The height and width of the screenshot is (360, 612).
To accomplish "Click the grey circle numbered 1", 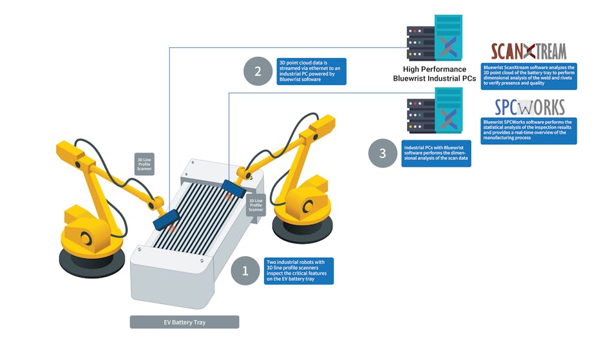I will click(x=245, y=271).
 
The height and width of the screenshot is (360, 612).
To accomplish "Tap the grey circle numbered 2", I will click(x=258, y=71).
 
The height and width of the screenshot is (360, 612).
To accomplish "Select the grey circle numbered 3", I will click(x=383, y=153).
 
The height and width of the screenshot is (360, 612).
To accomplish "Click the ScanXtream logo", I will click(x=528, y=51).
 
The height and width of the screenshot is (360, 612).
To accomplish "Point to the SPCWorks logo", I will click(x=530, y=106).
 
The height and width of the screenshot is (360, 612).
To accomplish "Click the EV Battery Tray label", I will click(x=184, y=322).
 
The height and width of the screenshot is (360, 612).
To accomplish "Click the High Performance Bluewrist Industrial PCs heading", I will click(x=434, y=73).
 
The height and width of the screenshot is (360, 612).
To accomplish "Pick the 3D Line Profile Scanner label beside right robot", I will click(x=256, y=205).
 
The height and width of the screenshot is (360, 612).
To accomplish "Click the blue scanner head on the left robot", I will click(x=166, y=218).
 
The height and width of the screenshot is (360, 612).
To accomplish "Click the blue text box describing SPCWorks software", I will click(x=529, y=131).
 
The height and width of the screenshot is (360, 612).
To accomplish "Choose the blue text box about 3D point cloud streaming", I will click(x=312, y=71).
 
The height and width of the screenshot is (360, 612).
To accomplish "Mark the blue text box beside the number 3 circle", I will click(x=436, y=153).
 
